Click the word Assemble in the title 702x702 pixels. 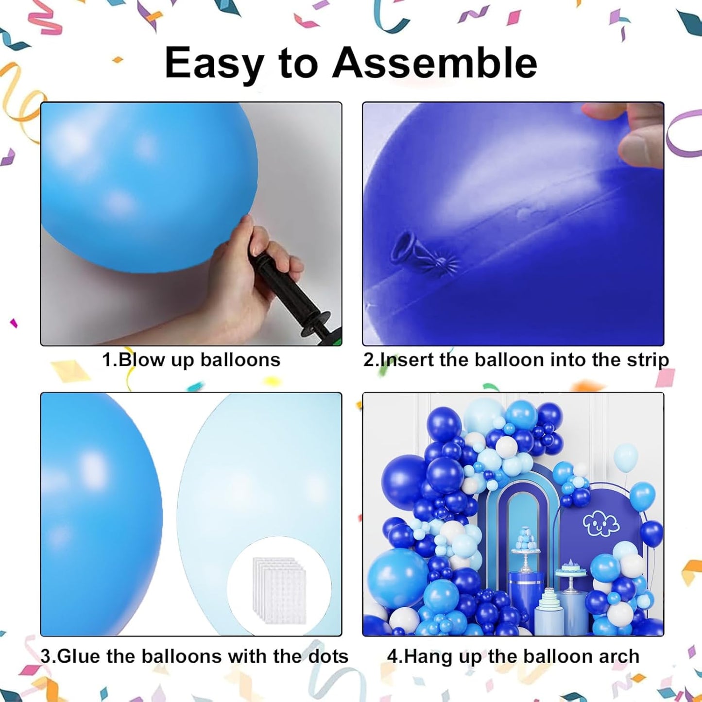[x=434, y=63]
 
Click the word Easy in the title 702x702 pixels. [x=214, y=64]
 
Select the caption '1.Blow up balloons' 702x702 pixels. [x=191, y=360]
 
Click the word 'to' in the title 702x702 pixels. [x=298, y=64]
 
